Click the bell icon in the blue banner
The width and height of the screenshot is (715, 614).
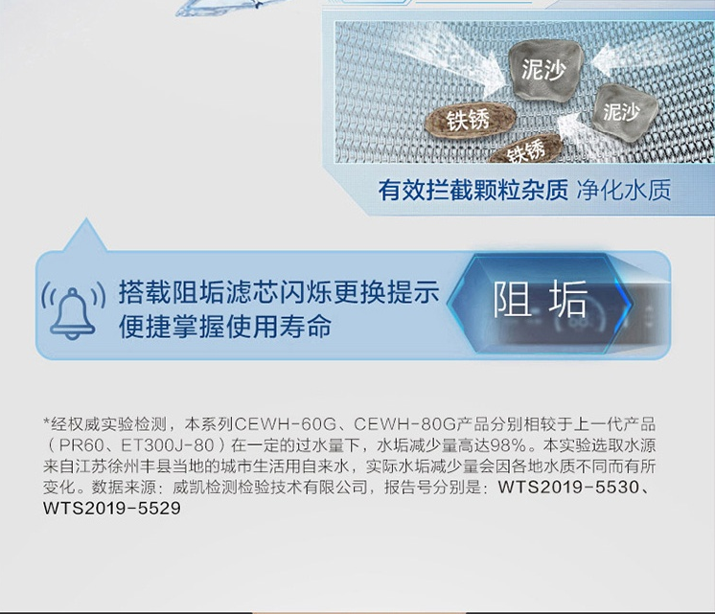(73, 313)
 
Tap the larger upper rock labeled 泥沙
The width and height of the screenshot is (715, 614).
(545, 69)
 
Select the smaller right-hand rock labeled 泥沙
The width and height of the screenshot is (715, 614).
(624, 110)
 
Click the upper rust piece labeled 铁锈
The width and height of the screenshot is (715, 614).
(471, 120)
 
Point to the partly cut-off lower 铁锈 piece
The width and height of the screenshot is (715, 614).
(527, 148)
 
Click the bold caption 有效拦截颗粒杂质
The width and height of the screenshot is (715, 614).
(473, 190)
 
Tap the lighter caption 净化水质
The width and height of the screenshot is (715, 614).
(624, 190)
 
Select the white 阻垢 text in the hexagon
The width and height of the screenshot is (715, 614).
(540, 299)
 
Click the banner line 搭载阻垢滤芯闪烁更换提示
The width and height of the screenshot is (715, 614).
(279, 292)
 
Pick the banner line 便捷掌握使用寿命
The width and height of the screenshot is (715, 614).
(225, 327)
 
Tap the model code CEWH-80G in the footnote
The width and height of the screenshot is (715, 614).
(404, 424)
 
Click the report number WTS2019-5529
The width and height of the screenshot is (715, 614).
(112, 508)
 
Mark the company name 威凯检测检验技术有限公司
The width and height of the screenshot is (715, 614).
(270, 487)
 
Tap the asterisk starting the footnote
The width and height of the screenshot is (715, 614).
(47, 421)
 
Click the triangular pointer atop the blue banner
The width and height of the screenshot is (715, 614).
(85, 237)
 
